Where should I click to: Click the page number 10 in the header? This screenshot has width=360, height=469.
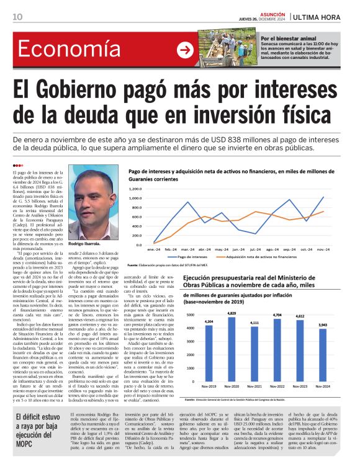17,16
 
